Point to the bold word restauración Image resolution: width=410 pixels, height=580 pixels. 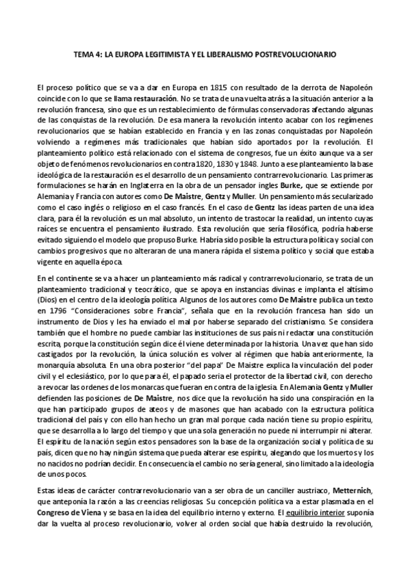tap(164, 99)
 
